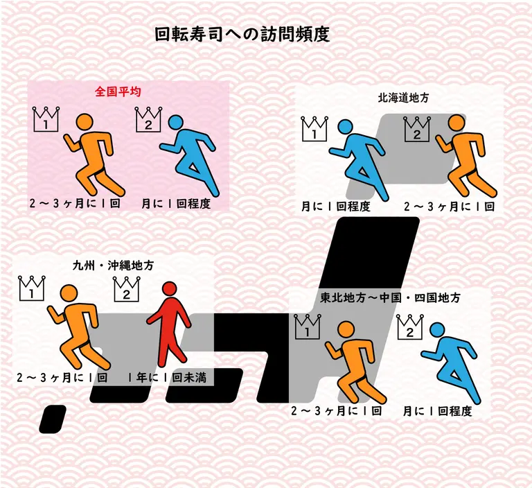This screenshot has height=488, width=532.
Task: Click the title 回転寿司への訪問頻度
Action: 242,34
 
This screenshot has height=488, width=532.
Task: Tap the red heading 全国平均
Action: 118,91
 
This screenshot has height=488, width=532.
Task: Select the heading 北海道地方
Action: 403,98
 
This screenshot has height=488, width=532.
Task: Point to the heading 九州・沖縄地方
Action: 114,265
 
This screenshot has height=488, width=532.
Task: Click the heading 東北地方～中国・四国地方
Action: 390,298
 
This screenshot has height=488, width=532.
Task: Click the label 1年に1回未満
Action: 167,377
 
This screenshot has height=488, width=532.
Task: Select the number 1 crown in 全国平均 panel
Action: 46,119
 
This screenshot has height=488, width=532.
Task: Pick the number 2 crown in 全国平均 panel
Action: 148,119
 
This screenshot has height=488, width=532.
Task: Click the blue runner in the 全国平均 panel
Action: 190,155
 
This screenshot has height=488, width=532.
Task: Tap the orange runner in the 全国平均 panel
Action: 94,155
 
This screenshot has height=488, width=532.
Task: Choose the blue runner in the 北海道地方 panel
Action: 358,159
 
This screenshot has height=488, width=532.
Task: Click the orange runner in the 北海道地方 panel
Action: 466,156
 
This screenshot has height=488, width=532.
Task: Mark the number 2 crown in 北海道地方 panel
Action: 417,128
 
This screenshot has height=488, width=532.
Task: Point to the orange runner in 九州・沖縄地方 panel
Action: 79,326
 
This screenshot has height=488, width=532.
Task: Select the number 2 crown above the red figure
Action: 127,288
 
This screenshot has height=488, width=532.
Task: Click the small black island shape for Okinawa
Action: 53,420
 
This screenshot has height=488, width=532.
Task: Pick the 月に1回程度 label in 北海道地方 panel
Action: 336,207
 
